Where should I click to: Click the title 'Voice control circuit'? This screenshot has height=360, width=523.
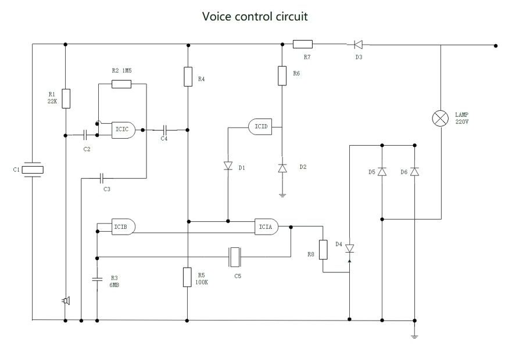(255, 16)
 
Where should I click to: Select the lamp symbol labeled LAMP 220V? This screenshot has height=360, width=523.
(440, 119)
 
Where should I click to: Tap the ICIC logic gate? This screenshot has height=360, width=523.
(124, 129)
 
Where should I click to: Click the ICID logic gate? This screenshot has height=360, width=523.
(260, 126)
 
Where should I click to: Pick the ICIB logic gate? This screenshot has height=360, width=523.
(123, 225)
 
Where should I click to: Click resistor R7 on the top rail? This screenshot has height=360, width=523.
(302, 44)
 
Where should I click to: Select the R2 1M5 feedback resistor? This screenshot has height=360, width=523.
(121, 84)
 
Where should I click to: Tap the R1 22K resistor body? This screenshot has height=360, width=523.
(66, 99)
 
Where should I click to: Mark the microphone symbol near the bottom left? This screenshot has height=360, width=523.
(66, 301)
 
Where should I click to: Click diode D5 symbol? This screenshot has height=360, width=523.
(382, 172)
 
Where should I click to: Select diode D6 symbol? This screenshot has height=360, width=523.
(414, 172)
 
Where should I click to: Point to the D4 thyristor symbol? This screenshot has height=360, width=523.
(349, 249)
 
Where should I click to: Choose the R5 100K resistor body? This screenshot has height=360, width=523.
(187, 277)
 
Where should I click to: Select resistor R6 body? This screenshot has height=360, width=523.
(282, 76)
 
